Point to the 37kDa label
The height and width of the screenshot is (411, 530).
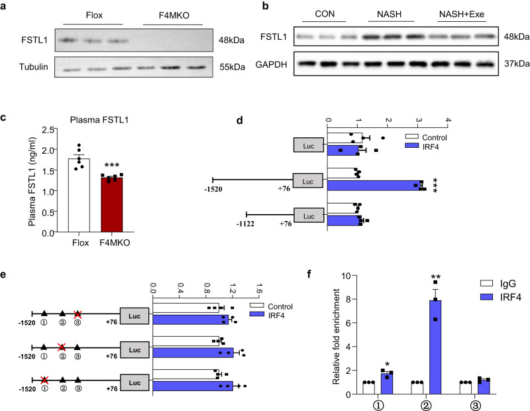tap(513, 63)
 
